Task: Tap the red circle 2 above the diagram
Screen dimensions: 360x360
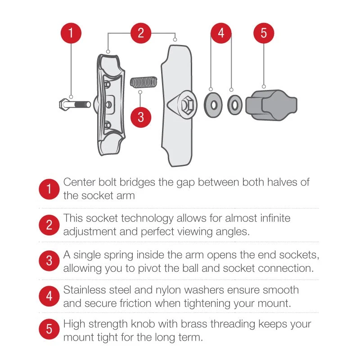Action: pyautogui.click(x=141, y=33)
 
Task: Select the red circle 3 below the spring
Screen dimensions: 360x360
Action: pyautogui.click(x=141, y=117)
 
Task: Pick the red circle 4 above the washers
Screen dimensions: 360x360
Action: pyautogui.click(x=221, y=33)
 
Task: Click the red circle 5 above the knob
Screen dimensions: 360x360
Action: pyautogui.click(x=264, y=33)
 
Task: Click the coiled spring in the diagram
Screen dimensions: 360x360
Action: pyautogui.click(x=143, y=82)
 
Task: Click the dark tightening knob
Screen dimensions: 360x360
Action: pyautogui.click(x=273, y=105)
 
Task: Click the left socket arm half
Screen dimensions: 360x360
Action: pyautogui.click(x=110, y=103)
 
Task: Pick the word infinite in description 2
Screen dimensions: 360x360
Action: pyautogui.click(x=275, y=218)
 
